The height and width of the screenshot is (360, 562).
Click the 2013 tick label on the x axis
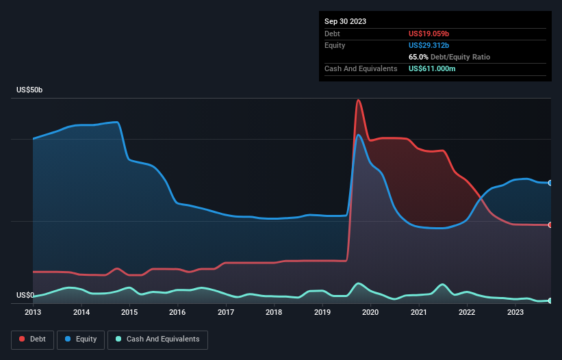pos(33,313)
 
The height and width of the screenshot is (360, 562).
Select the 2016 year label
pos(177,313)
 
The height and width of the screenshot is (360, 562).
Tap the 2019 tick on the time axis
pos(322,313)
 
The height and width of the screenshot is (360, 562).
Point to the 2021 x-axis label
pos(418,313)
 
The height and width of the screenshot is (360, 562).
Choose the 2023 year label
pos(515,313)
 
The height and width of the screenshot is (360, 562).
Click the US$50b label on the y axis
pos(30,90)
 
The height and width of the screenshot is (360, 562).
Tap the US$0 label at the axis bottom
pos(25,296)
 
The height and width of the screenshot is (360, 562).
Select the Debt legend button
pos(33,339)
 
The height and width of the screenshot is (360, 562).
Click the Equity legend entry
pos(80,339)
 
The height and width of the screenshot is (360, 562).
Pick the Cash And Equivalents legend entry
pos(157,339)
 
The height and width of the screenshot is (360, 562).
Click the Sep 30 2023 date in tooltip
pos(345,21)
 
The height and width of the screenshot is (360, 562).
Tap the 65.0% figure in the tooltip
pos(419,57)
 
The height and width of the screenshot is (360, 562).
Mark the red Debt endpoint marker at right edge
pos(550,224)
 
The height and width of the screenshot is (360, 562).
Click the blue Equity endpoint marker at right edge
pos(550,183)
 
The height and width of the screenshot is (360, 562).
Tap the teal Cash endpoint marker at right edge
pos(550,300)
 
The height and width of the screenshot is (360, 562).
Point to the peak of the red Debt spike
pos(358,101)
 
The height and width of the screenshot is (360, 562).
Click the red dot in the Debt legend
pos(23,339)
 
